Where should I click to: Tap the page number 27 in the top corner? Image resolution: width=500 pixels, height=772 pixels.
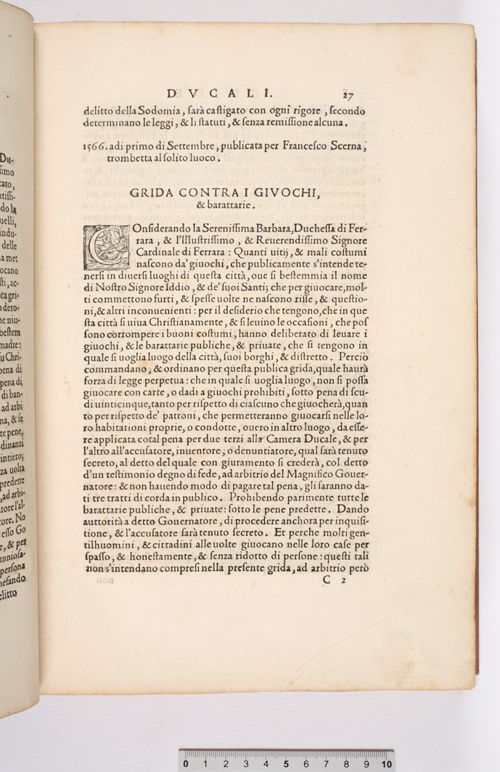pyautogui.click(x=348, y=93)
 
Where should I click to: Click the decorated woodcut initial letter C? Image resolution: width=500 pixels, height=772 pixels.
pyautogui.click(x=104, y=248)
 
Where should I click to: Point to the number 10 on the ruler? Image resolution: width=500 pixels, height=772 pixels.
pyautogui.click(x=387, y=764)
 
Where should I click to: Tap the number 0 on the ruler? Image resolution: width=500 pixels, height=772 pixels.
pyautogui.click(x=187, y=764)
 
